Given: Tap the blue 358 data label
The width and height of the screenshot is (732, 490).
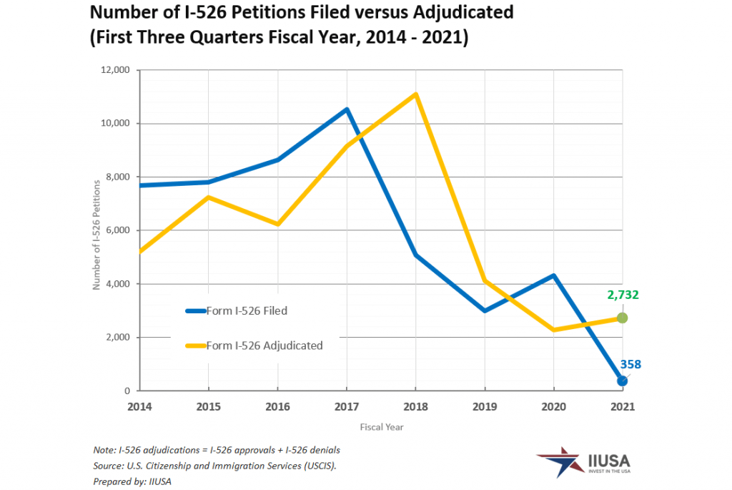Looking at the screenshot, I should (x=630, y=364).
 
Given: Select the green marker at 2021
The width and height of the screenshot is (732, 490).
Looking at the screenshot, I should (x=622, y=318).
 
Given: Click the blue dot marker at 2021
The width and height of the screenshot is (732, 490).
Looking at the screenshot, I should (x=622, y=381).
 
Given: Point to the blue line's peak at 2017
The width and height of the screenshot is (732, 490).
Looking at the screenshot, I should (x=347, y=109).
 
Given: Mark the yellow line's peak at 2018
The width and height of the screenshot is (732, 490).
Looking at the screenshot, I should (x=415, y=94).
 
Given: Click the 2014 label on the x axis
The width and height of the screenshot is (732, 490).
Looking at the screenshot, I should (x=139, y=406).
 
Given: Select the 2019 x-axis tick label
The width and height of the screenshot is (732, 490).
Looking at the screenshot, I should (x=485, y=406).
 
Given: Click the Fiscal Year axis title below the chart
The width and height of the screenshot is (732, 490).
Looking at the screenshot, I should (x=381, y=427).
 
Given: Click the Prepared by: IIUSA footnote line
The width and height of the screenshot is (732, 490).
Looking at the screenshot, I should (x=132, y=481).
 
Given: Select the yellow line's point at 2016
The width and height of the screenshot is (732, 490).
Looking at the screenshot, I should (x=277, y=225).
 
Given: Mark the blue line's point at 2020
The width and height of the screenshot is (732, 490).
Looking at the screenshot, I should (x=553, y=275).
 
